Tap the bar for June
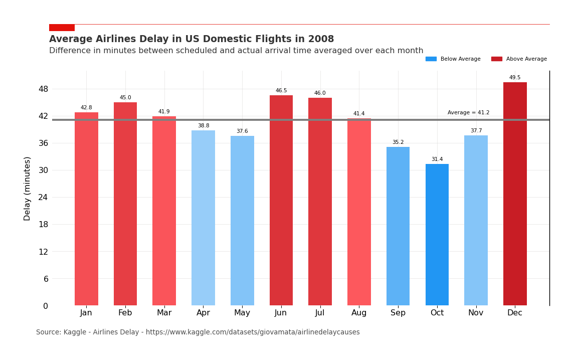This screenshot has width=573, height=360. tap(281, 200)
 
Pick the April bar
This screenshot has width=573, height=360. tap(203, 218)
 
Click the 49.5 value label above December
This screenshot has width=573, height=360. tap(515, 78)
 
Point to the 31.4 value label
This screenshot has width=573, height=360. tap(437, 159)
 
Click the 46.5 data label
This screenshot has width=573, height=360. tap(281, 91)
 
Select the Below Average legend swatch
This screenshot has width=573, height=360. tap(431, 59)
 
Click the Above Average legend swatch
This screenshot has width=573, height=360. tap(496, 59)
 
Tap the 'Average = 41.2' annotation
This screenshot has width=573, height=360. tap(468, 113)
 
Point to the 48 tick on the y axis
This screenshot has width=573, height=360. tap(43, 89)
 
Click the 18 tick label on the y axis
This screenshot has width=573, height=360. tap(43, 225)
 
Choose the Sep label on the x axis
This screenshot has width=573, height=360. tap(398, 313)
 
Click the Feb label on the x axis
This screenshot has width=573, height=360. tap(125, 313)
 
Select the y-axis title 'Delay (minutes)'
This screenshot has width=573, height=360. tap(28, 188)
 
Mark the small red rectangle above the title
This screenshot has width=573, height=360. tap(62, 28)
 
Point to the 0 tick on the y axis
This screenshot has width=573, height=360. tap(45, 306)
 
